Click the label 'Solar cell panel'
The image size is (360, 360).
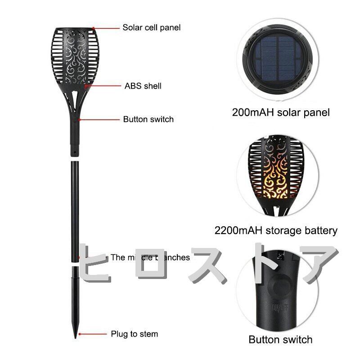coord(151,27)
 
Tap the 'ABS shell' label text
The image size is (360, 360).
coord(143,85)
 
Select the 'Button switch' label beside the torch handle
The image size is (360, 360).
coord(148,119)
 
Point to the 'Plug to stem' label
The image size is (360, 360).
coord(135,334)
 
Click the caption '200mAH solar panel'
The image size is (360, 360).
coord(281,112)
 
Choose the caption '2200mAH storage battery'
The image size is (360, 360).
coord(276,231)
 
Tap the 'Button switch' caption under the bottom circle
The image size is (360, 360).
coord(280,339)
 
